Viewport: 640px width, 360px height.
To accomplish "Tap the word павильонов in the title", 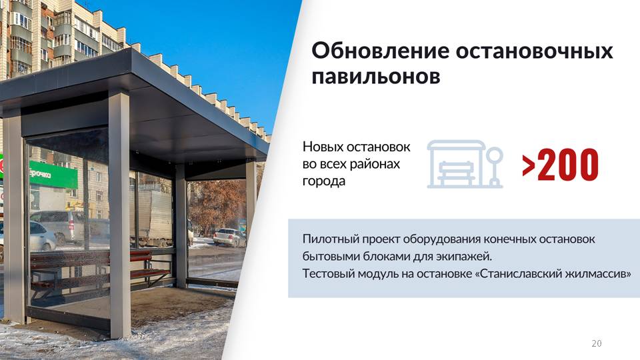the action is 376,76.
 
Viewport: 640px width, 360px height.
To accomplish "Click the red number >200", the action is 560,165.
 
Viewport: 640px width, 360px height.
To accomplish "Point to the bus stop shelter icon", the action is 465,164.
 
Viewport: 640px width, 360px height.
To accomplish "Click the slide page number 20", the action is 596,343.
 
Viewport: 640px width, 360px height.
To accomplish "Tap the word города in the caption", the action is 324,181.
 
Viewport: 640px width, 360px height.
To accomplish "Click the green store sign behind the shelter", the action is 52,175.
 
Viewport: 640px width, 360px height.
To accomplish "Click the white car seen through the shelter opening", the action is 229,237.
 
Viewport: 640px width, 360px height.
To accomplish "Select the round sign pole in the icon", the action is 494,167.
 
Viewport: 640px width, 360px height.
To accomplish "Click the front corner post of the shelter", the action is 119,213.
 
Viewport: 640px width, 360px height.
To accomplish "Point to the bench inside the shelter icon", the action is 456,172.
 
